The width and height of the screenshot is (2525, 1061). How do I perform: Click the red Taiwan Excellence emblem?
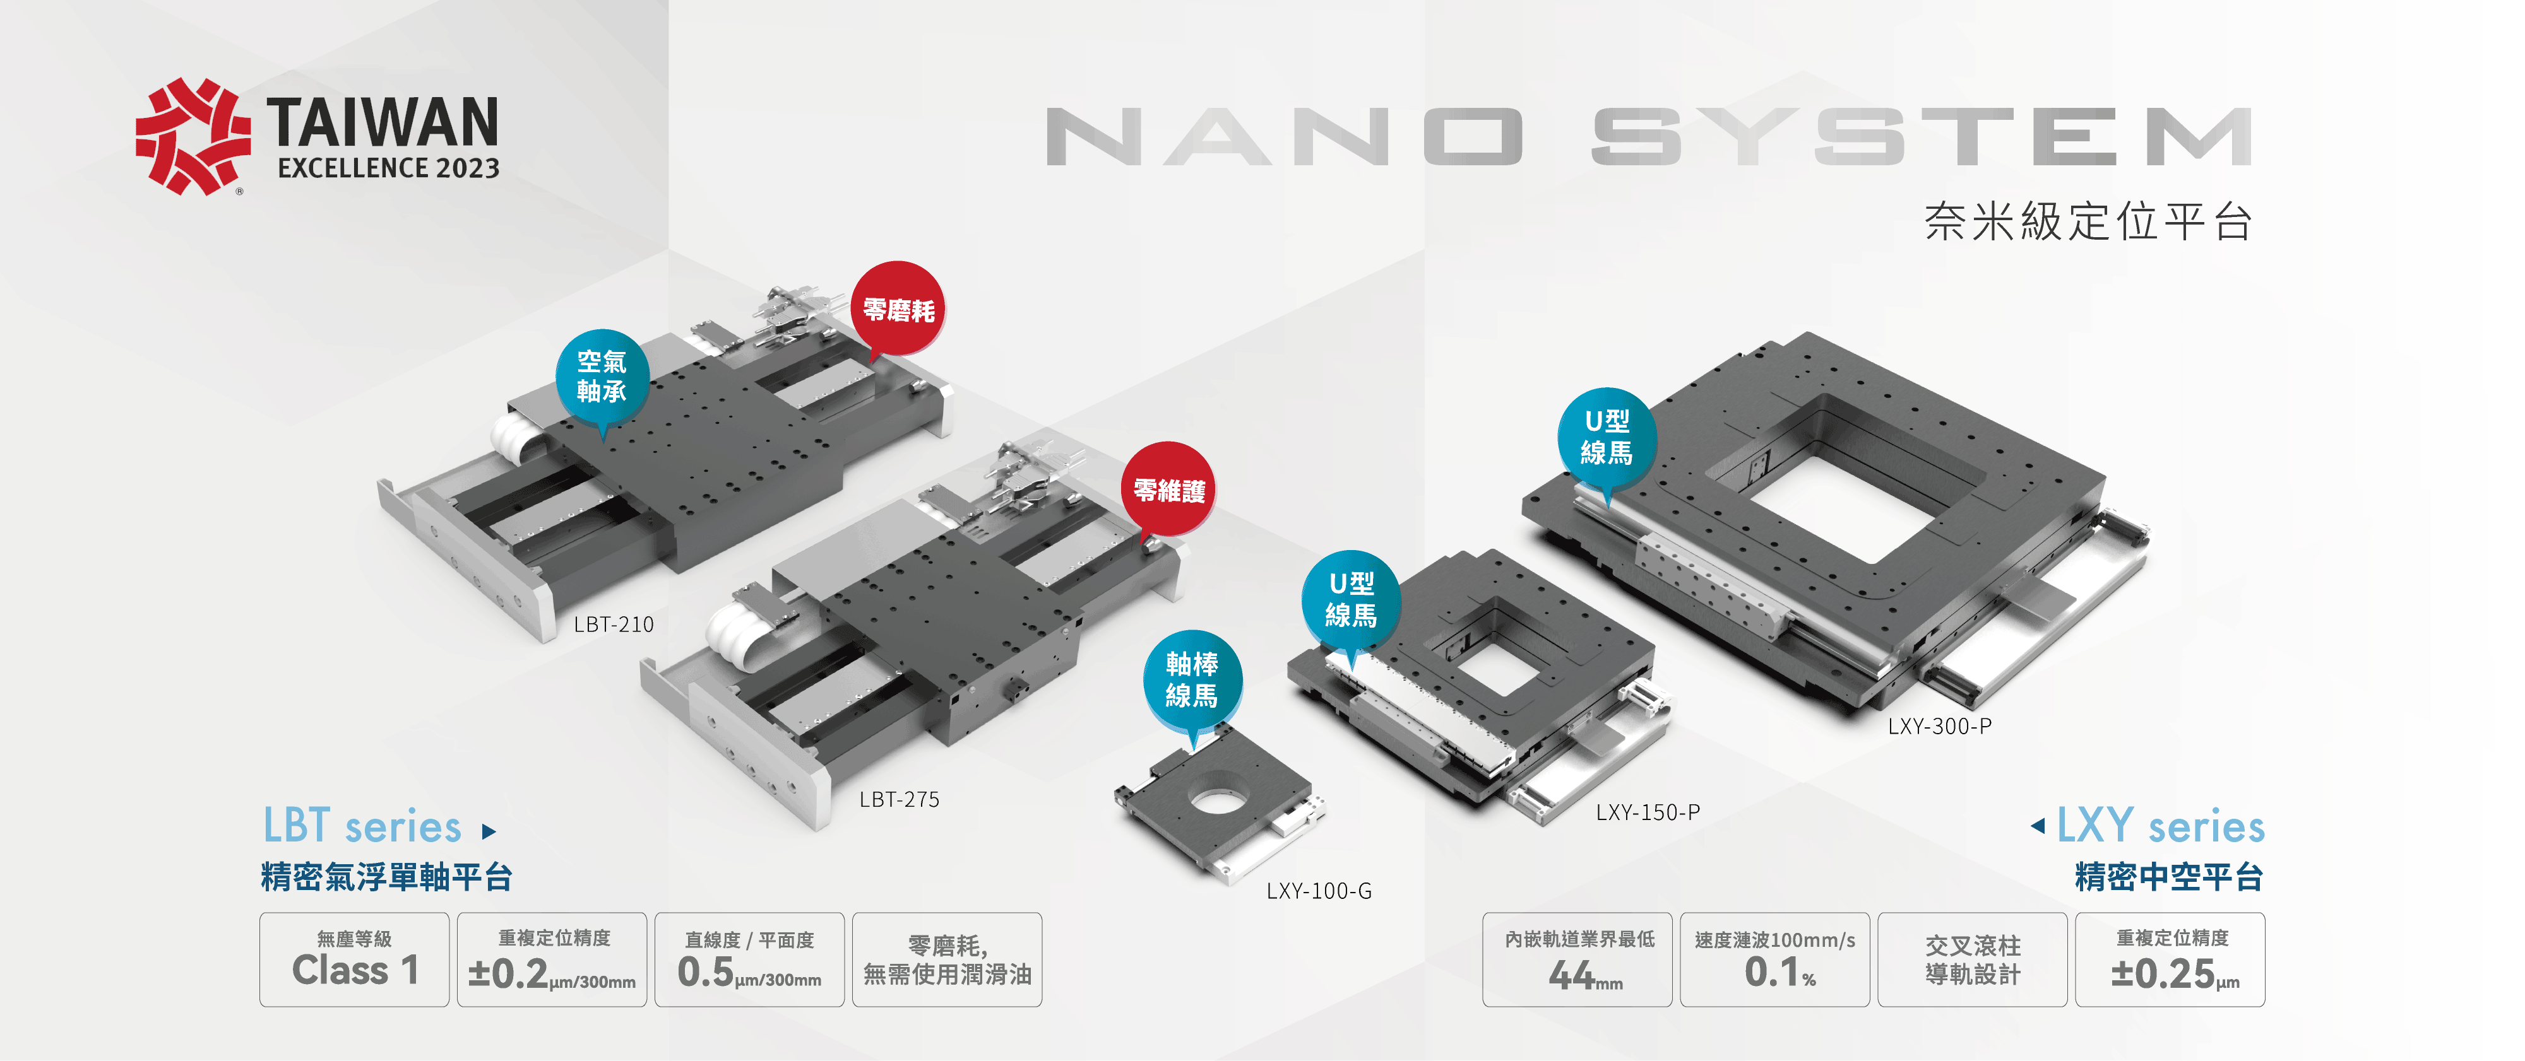192,136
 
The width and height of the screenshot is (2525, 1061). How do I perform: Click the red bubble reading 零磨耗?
898,310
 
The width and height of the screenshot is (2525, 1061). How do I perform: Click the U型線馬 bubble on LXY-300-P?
1607,437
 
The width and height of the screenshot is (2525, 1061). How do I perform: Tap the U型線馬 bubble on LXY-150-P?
1351,599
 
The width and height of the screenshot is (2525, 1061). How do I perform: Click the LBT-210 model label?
614,624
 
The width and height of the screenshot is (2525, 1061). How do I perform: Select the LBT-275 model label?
899,799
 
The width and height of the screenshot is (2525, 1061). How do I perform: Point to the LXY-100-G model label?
1319,891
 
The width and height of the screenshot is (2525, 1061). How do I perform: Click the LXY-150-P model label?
1648,812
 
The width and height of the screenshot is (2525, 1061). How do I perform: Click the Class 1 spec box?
355,960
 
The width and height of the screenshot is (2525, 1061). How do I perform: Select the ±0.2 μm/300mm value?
552,973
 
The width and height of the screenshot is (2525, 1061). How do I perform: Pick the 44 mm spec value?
1584,975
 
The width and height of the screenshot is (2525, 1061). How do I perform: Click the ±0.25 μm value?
2174,973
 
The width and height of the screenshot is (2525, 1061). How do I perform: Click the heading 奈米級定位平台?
2088,221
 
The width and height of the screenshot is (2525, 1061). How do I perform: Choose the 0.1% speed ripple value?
1779,973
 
